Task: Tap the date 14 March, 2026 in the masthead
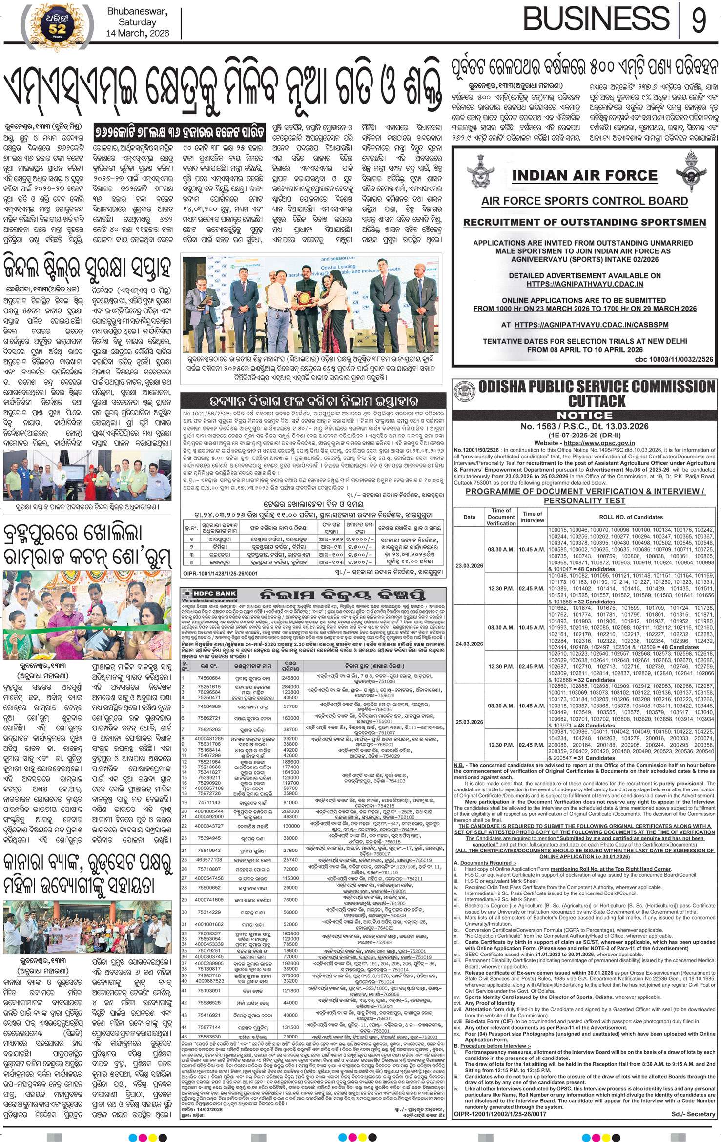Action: [x=138, y=33]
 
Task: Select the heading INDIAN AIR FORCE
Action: [x=584, y=175]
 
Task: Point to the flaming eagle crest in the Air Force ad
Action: [x=692, y=169]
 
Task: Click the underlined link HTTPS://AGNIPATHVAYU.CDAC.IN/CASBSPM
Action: [x=591, y=325]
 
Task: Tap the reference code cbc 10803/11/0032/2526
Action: [x=674, y=359]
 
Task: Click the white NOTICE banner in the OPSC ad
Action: [x=585, y=415]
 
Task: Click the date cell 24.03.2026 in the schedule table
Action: [x=469, y=644]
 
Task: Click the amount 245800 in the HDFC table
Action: [x=290, y=678]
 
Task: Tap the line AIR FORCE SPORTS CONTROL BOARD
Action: [x=584, y=201]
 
